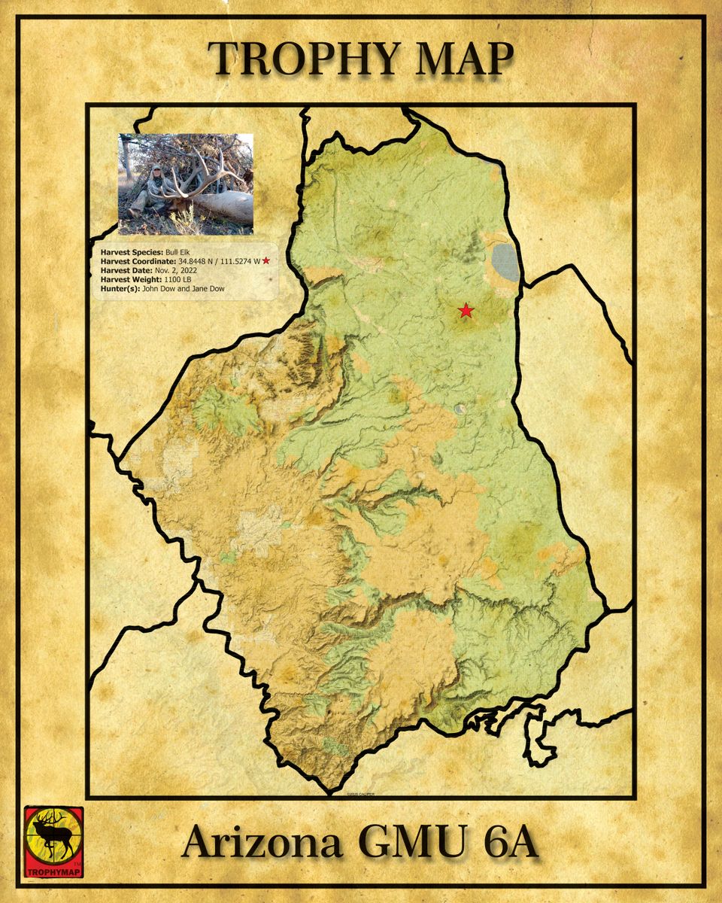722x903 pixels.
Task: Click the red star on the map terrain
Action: pos(466,310)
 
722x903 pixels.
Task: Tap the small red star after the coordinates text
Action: pos(265,260)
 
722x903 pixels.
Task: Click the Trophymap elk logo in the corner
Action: pos(53,841)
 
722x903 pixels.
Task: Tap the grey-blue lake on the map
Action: pos(505,262)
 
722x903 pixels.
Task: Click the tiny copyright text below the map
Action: pos(359,793)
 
